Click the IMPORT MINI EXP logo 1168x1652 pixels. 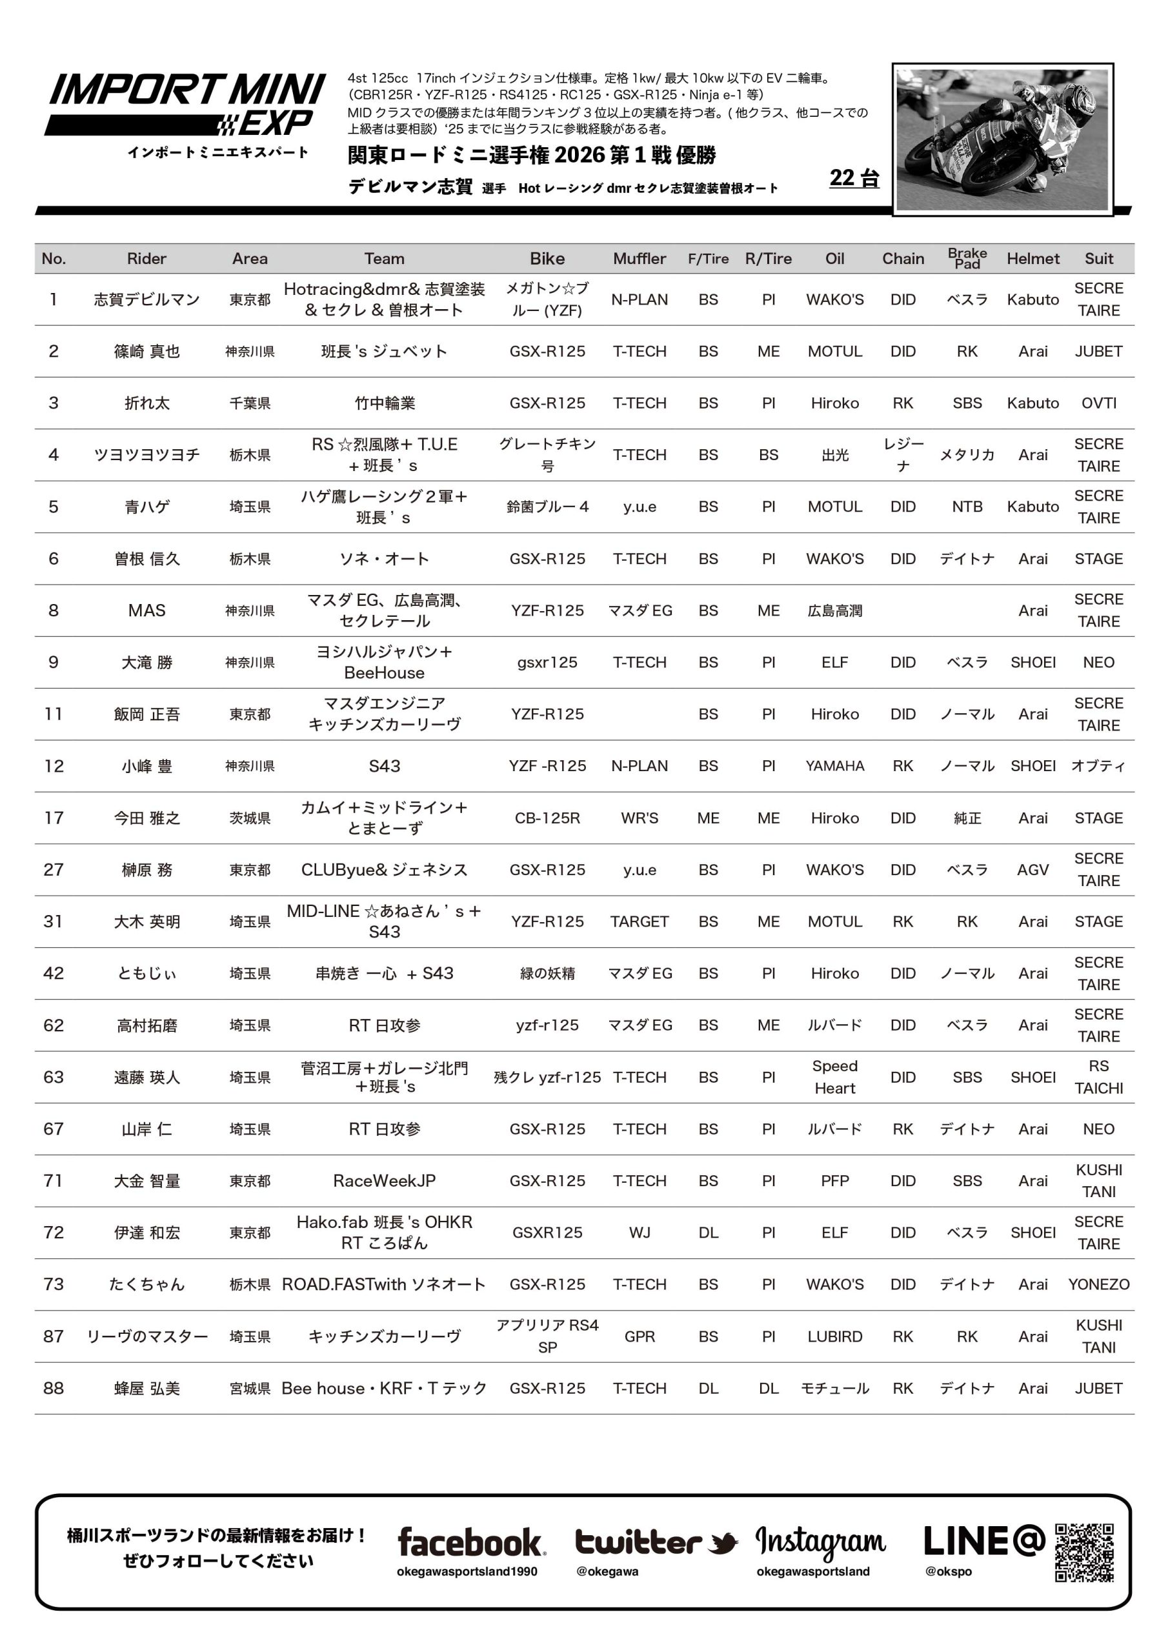(186, 106)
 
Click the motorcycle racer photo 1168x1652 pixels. (1002, 139)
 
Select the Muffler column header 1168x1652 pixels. (639, 259)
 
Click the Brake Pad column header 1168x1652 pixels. (967, 258)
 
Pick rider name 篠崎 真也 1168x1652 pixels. (147, 351)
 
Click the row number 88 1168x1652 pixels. (54, 1388)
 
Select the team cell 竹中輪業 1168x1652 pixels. (385, 403)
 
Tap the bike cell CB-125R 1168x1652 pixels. (547, 818)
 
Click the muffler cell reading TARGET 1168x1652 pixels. (639, 922)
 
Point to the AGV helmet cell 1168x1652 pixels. (1032, 870)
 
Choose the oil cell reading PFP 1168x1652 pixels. (835, 1181)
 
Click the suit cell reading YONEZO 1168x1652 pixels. (1098, 1284)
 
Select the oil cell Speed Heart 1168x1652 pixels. (835, 1077)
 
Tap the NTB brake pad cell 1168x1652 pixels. (967, 507)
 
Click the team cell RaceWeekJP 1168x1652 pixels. (385, 1181)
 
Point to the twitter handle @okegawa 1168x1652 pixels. (607, 1571)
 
